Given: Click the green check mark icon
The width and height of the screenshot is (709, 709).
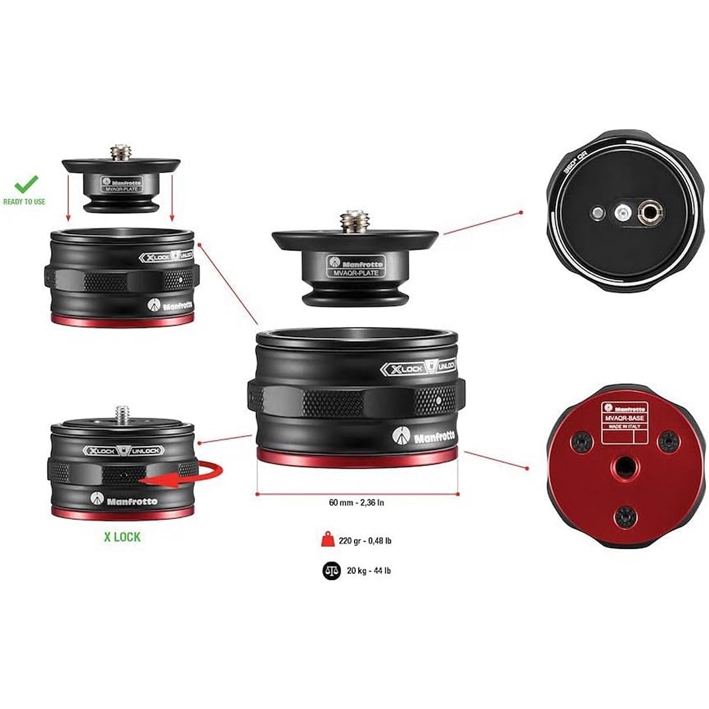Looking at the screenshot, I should pyautogui.click(x=27, y=185).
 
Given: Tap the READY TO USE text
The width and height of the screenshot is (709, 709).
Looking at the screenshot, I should pyautogui.click(x=24, y=202).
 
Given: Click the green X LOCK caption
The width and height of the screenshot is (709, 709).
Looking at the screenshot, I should pyautogui.click(x=122, y=537).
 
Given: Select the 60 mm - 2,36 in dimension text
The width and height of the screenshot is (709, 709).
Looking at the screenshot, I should pyautogui.click(x=357, y=503).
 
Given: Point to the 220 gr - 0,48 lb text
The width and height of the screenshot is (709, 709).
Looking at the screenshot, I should pyautogui.click(x=366, y=540).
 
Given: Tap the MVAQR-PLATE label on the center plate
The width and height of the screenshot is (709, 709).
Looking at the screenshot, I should pyautogui.click(x=356, y=273).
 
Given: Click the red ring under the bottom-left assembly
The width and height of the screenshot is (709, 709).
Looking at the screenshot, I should pyautogui.click(x=122, y=512).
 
